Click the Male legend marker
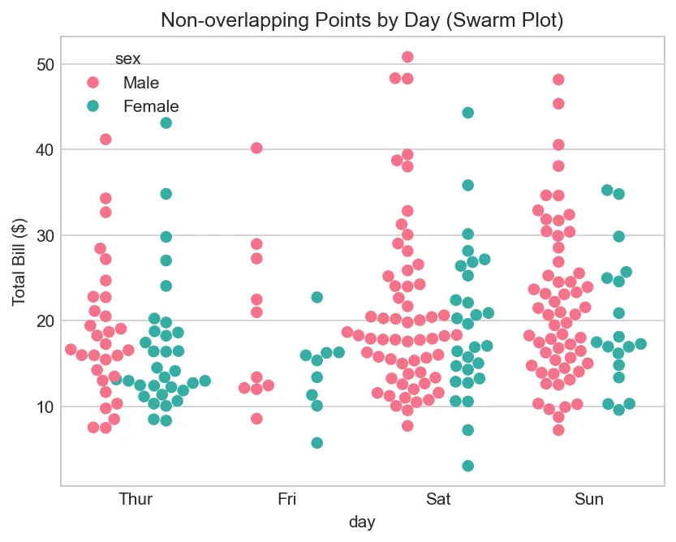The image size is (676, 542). click(93, 83)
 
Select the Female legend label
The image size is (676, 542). click(151, 106)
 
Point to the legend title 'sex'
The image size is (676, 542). click(127, 58)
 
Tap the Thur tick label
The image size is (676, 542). click(135, 499)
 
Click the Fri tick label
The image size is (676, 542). click(286, 499)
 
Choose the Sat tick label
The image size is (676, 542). click(438, 499)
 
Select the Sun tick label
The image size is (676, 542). click(589, 499)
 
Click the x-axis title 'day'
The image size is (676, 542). click(362, 523)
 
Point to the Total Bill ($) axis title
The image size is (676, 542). click(19, 261)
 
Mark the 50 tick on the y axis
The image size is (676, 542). click(45, 64)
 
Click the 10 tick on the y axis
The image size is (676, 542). click(45, 406)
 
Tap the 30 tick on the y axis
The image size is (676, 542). click(45, 235)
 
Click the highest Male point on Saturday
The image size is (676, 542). click(407, 57)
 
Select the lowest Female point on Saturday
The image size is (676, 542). click(467, 466)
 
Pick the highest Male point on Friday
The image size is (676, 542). click(256, 148)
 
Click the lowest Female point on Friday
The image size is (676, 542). click(317, 442)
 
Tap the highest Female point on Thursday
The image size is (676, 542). click(166, 123)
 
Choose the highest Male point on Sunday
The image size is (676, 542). click(558, 80)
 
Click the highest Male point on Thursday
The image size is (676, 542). click(105, 139)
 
